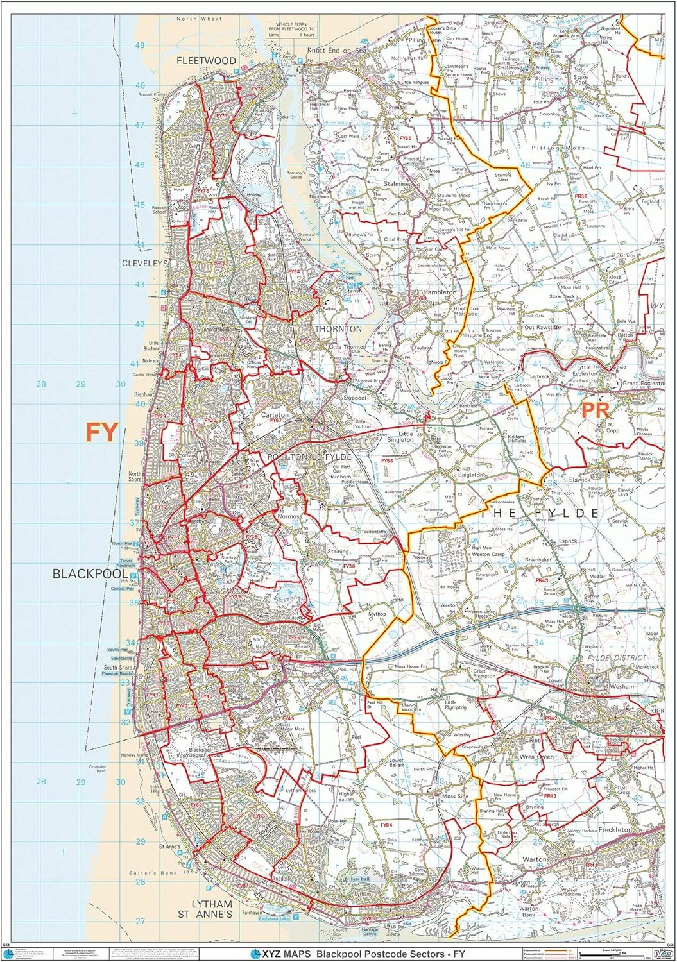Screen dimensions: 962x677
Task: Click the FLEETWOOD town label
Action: [x=207, y=61]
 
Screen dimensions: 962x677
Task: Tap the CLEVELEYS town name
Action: [x=145, y=264]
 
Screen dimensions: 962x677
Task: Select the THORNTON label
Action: [x=338, y=329]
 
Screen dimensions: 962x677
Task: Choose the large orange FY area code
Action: [x=102, y=433]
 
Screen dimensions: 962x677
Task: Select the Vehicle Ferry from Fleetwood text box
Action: [x=291, y=29]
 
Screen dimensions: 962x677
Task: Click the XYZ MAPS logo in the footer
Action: [x=273, y=954]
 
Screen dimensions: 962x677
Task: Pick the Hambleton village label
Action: [x=439, y=292]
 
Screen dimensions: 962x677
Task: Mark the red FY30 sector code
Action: [x=348, y=567]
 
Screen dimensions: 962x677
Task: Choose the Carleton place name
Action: [x=275, y=415]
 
